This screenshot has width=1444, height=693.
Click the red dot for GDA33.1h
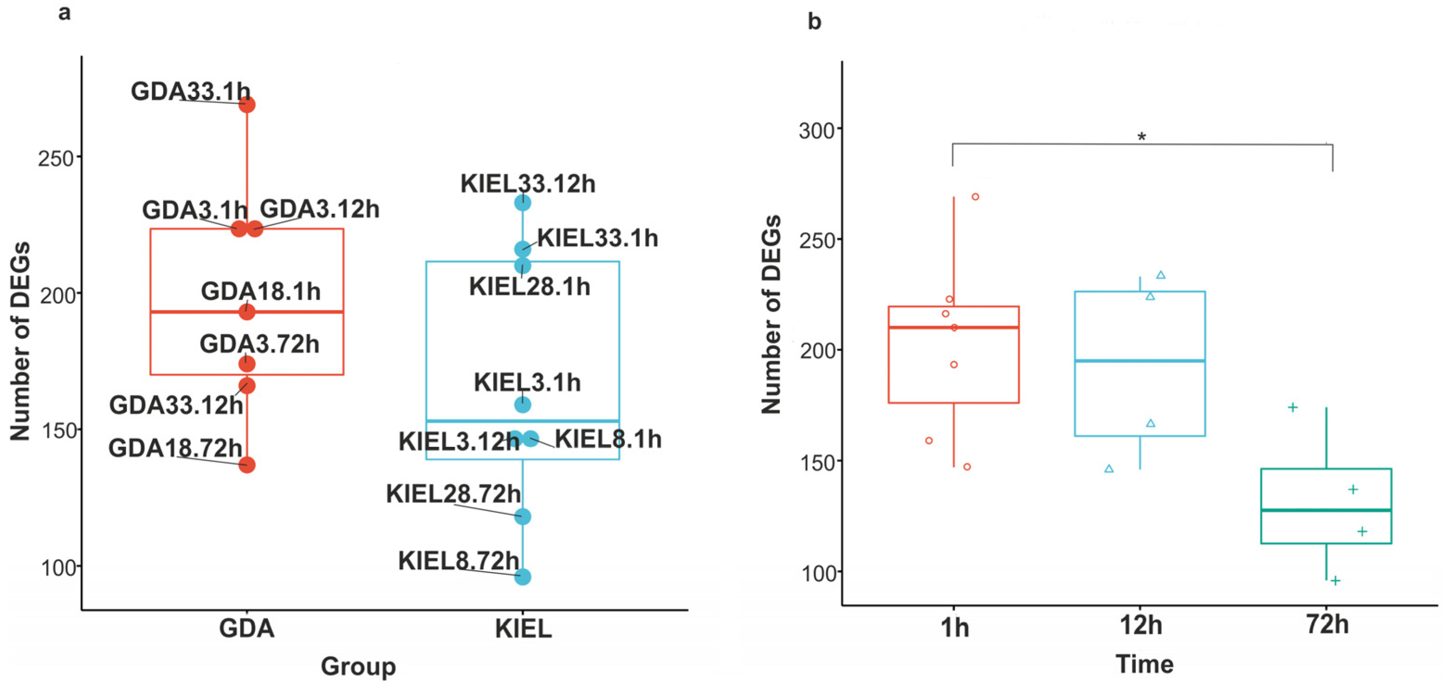[x=246, y=104]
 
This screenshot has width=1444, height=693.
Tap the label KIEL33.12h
[x=528, y=184]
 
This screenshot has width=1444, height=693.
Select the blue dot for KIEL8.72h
[x=523, y=576]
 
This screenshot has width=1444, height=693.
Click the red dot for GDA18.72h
[x=246, y=464]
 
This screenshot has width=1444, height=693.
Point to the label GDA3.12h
[x=320, y=209]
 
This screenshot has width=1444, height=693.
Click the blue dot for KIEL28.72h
[x=523, y=516]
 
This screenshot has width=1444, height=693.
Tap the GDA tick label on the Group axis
[x=246, y=628]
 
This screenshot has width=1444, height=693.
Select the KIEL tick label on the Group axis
[x=523, y=629]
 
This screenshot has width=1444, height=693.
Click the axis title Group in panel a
[x=358, y=666]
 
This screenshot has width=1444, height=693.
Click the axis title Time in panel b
[x=1144, y=664]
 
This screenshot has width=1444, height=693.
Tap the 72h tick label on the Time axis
[x=1327, y=624]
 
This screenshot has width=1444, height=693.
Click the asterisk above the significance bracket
[x=1142, y=137]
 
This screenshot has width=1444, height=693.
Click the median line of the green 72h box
[x=1326, y=509]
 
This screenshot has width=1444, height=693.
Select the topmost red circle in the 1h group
[x=975, y=197]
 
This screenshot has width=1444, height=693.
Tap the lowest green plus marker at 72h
[x=1335, y=580]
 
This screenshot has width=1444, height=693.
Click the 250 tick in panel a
[x=56, y=159]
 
